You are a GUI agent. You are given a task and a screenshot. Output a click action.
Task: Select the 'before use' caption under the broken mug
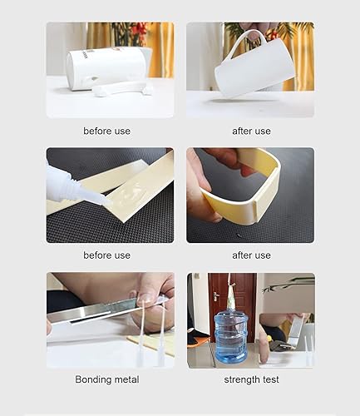[x=106, y=131]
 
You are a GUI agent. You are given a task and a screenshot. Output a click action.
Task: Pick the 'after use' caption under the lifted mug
[x=250, y=131]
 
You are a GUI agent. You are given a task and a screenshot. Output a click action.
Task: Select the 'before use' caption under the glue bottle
[x=106, y=255]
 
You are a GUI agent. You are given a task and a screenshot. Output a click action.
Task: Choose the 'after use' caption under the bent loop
[x=250, y=255]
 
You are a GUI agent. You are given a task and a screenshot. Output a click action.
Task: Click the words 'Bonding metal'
[x=106, y=380]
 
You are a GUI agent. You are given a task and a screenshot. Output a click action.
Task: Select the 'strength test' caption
[x=251, y=380]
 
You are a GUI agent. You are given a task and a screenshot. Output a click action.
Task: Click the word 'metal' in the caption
[x=126, y=380]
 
